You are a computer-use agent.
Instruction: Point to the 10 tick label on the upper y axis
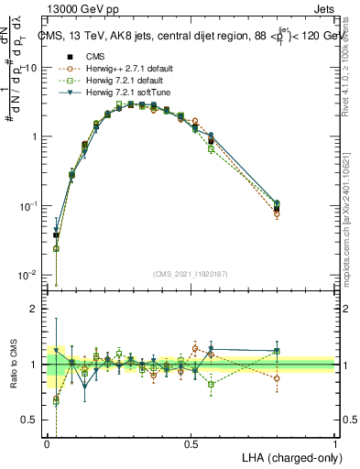33,68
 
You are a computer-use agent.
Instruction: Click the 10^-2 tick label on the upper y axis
31,275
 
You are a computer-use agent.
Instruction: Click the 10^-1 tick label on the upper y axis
31,206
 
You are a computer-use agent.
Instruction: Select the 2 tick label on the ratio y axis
37,310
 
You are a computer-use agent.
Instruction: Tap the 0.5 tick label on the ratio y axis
33,420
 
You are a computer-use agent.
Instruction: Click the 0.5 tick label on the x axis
191,444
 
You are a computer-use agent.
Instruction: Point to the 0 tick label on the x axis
47,444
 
